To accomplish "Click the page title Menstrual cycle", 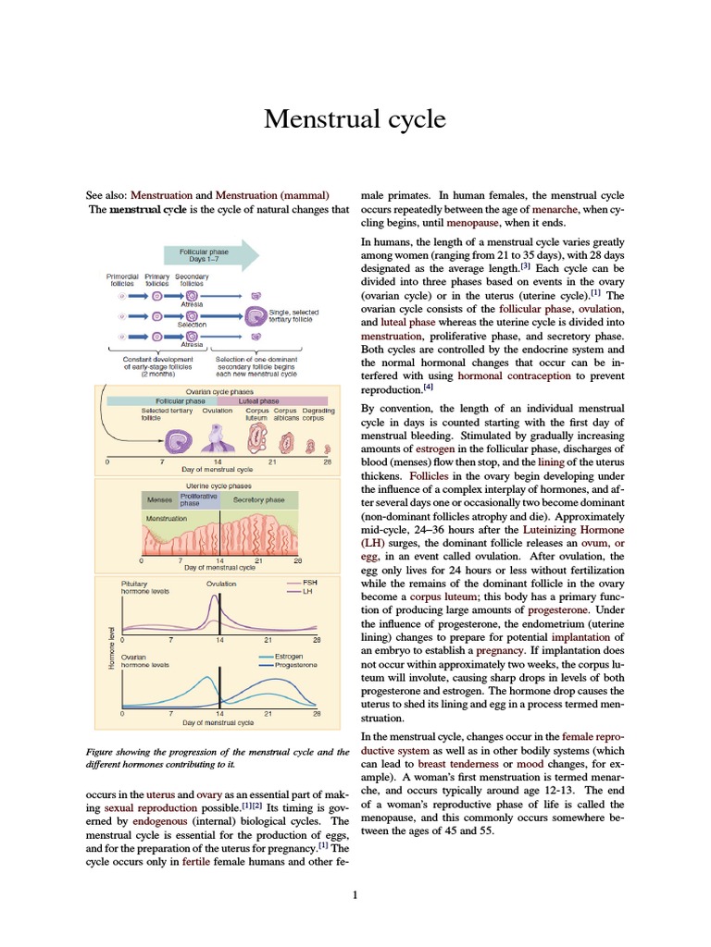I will (x=355, y=119).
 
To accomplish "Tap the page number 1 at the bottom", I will (x=355, y=894).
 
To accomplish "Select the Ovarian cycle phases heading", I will (x=219, y=391).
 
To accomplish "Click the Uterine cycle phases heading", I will (x=219, y=486).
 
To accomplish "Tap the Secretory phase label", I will (x=258, y=499).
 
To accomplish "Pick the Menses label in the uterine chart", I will (x=160, y=499).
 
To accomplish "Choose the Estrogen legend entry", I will (x=292, y=656).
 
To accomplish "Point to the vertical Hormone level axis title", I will (x=112, y=652).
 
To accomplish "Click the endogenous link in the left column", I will (x=152, y=820).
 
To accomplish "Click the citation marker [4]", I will (x=428, y=388).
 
